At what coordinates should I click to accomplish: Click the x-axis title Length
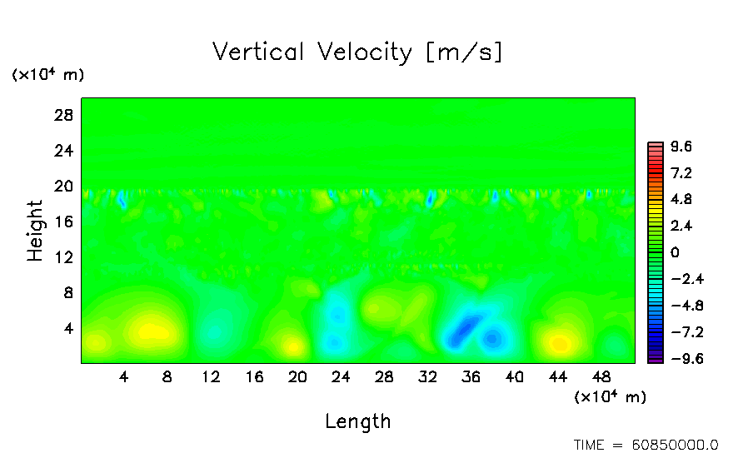357,421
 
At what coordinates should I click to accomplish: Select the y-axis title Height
35,231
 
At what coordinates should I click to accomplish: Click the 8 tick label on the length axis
167,376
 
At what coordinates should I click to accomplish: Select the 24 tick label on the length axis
341,376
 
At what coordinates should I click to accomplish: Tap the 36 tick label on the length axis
471,376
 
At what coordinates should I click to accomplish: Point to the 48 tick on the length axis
601,376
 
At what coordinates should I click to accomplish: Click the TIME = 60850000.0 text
646,445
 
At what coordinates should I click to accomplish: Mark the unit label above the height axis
47,75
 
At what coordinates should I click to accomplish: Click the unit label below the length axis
610,396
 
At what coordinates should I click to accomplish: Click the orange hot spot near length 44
560,343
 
